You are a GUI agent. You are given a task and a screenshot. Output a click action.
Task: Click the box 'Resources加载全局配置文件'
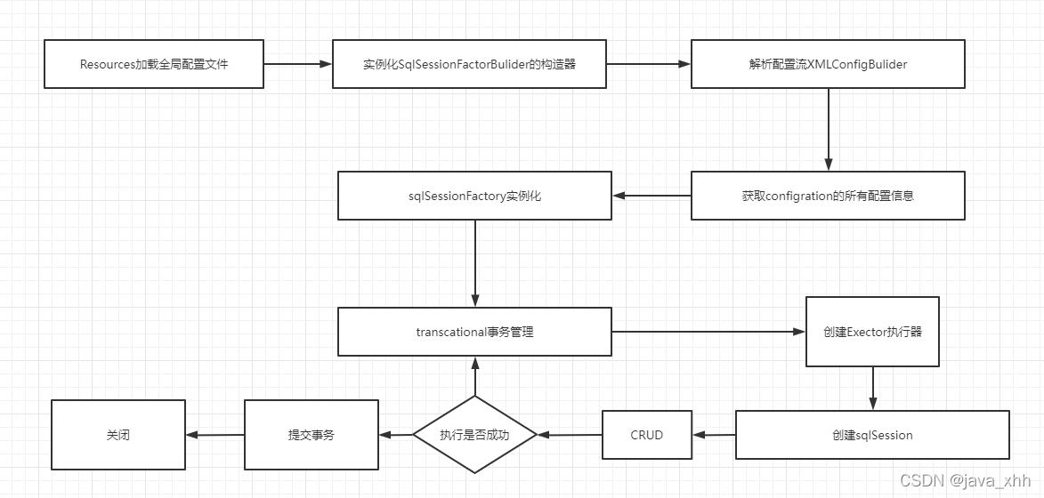point(154,64)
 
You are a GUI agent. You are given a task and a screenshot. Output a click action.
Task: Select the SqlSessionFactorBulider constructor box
point(469,64)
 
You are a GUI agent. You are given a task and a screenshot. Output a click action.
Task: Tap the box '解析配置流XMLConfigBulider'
point(828,64)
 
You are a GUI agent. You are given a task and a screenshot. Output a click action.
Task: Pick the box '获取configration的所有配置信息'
point(828,196)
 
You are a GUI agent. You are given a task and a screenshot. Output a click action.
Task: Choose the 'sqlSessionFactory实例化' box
point(474,196)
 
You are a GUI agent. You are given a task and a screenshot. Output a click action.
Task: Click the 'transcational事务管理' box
point(474,332)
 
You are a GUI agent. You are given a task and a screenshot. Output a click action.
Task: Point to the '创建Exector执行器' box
point(872,332)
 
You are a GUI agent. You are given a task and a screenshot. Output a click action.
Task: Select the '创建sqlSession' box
point(872,435)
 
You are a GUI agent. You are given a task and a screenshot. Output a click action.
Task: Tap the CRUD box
point(647,435)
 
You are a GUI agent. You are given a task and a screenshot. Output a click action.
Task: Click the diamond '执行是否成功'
point(475,435)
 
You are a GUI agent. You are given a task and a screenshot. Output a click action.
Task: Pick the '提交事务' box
point(312,435)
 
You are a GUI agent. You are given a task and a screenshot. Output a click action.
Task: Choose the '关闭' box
point(117,435)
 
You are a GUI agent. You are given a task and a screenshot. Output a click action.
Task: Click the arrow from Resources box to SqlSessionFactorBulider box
point(297,64)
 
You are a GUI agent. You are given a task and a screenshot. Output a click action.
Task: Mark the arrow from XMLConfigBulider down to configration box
point(829,129)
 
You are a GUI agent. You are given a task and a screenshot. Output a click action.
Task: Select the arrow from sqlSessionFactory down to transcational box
point(475,263)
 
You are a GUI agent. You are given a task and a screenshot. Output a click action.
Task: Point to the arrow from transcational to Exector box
point(708,332)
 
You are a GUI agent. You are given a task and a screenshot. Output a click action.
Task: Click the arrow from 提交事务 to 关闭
point(215,435)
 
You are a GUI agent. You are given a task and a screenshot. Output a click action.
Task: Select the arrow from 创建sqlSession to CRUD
point(714,435)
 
